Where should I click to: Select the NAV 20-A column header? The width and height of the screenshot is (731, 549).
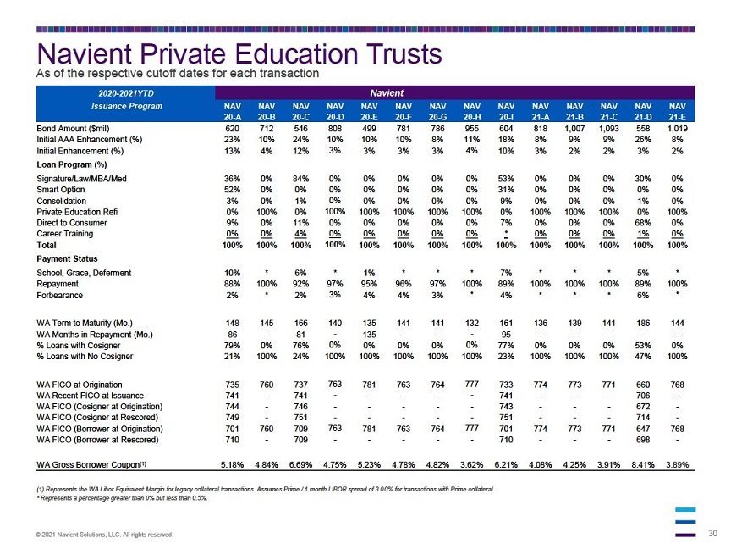pos(232,112)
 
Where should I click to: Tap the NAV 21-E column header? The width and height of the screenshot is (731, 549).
pos(677,112)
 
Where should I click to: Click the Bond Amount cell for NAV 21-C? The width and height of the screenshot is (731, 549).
pos(608,129)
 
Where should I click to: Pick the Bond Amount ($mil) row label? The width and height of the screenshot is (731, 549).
pos(73,129)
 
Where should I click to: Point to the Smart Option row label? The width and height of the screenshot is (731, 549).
pos(61,190)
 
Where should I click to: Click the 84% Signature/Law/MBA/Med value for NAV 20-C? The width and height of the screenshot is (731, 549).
pos(300,178)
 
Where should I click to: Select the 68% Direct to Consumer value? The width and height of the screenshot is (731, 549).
pos(643,223)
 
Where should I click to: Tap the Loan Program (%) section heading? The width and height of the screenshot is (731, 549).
pos(72,164)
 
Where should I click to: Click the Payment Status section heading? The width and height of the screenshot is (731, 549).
pos(67,258)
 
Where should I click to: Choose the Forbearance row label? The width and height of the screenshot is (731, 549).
pos(60,295)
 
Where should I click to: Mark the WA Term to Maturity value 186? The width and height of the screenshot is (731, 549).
pos(643,323)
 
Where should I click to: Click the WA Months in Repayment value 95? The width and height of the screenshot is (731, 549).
pos(506,335)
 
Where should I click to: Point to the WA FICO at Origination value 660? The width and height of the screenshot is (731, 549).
pos(643,385)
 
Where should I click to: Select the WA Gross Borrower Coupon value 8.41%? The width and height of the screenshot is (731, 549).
pos(643,464)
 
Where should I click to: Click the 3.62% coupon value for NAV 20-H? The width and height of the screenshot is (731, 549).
pos(472,464)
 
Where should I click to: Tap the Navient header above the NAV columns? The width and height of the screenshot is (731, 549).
pos(387,93)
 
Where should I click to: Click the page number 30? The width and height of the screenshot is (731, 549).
pos(713,533)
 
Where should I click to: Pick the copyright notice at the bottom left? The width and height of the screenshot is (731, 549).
pos(104,535)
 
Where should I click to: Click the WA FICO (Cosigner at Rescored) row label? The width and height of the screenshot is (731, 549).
pos(97,418)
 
